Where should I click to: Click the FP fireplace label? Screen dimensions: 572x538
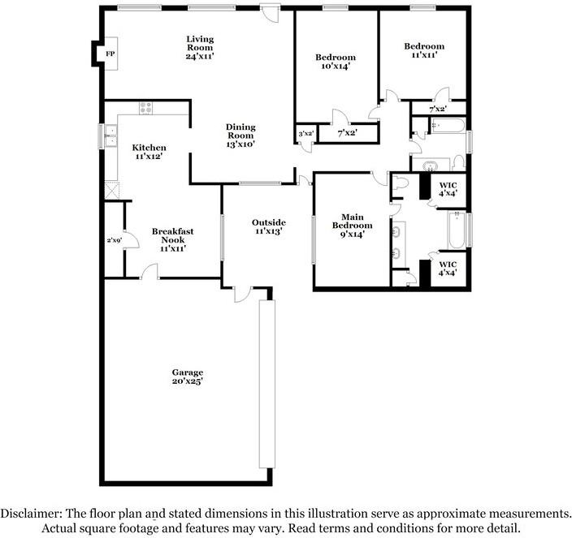pos(110,54)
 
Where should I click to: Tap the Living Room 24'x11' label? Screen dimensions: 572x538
pos(200,47)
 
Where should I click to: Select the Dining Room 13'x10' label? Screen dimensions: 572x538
pos(240,136)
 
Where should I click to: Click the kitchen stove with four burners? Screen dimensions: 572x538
pos(146,108)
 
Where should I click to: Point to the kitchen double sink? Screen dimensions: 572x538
pos(110,136)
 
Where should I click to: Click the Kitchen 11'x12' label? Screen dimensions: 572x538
pos(149,152)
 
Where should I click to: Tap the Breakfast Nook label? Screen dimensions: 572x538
pos(173,235)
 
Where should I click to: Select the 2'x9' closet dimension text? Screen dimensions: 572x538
pos(115,240)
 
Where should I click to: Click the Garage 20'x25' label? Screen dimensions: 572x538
pos(188,377)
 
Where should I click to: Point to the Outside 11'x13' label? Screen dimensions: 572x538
pos(268,226)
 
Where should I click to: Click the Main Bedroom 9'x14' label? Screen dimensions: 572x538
pos(352,226)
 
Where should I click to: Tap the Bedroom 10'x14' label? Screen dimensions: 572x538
pos(336,62)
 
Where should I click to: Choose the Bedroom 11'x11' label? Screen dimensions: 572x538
pos(424,50)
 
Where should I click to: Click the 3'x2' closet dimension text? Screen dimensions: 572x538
pos(306,134)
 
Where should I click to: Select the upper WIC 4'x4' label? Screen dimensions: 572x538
pos(448,189)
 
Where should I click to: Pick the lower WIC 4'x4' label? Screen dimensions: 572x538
pos(448,269)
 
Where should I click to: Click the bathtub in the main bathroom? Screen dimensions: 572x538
pos(457,230)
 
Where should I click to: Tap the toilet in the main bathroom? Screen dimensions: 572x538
pos(401,182)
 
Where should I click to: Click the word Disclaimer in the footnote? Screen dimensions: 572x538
pos(31,514)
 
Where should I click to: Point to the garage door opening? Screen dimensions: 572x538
pos(267,384)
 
